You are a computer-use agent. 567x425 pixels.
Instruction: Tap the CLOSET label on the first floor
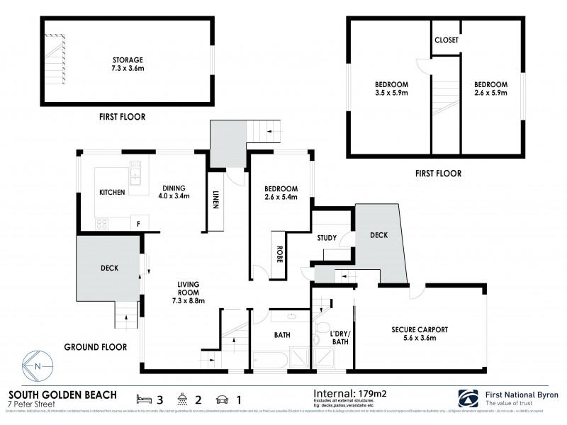(447, 40)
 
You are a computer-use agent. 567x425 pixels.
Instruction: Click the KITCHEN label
(112, 192)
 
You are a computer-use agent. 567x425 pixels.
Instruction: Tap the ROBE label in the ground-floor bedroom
(279, 254)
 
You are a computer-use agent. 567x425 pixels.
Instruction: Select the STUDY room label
(327, 239)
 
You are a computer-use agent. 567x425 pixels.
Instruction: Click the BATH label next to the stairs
(281, 336)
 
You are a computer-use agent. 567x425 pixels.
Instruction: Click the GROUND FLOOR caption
(95, 347)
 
